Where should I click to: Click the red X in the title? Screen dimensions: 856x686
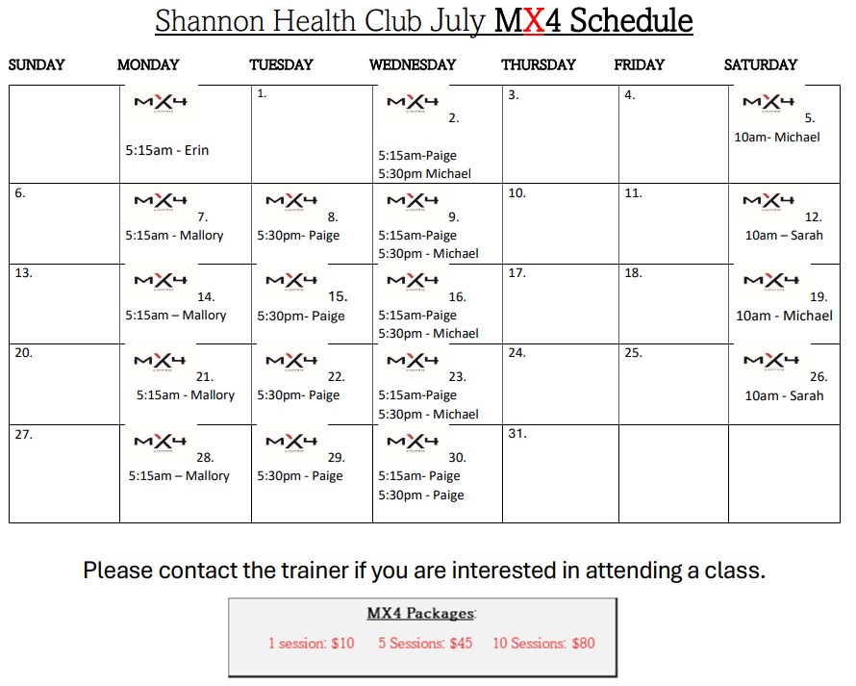[x=534, y=21]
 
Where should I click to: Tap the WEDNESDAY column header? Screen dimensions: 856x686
[x=413, y=64]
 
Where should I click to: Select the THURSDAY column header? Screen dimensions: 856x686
[x=539, y=64]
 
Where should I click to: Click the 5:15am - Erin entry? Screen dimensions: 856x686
[x=167, y=150]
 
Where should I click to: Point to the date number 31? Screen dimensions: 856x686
[x=517, y=434]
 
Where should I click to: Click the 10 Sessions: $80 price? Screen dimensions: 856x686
[x=543, y=643]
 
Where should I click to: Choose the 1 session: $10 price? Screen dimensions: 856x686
[x=312, y=643]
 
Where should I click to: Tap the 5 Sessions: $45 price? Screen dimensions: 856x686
[x=425, y=643]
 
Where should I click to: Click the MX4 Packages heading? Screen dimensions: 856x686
[x=421, y=613]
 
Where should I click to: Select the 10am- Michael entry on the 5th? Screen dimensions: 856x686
[x=777, y=137]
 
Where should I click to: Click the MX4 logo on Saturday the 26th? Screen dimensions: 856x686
[x=771, y=361]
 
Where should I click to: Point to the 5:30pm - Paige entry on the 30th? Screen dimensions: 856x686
[x=421, y=495]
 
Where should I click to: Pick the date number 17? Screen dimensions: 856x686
[x=517, y=273]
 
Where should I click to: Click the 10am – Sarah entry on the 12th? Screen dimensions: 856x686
[x=784, y=236]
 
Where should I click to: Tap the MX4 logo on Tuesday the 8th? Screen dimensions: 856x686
[x=291, y=201]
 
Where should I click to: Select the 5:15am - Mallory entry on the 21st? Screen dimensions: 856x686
[x=186, y=394]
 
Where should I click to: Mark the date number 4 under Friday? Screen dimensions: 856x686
[x=629, y=95]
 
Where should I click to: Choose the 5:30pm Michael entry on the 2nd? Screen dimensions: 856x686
[x=425, y=174]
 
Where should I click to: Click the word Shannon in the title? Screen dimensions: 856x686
[x=210, y=22]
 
